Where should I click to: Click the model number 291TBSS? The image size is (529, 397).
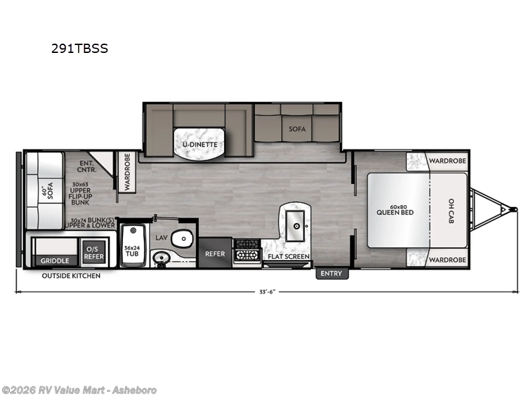coord(79,48)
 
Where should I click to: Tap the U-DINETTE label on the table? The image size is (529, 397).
coord(200,144)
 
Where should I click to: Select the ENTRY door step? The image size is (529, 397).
coord(332,273)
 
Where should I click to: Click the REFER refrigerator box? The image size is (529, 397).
coord(215,253)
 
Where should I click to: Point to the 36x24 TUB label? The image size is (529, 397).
coord(132,251)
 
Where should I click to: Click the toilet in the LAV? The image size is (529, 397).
coord(183,239)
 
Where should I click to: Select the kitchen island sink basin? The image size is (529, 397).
coord(296,226)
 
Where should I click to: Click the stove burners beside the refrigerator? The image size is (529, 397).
coord(247,250)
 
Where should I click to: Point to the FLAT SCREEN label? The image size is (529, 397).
coord(288,257)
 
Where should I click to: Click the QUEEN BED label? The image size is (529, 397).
coord(395,212)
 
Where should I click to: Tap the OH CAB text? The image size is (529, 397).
coord(452,211)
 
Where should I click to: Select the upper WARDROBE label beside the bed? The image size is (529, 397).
coord(448,161)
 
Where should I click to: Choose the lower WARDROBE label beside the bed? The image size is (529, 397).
coord(448,260)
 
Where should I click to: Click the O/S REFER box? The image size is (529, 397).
coord(94,253)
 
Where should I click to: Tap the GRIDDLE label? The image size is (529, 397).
coord(55,261)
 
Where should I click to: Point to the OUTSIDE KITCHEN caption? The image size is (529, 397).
coord(71,276)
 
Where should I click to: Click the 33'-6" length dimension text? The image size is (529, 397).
coord(268,292)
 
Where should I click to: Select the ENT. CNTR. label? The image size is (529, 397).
coord(87,167)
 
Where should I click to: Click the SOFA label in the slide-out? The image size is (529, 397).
coord(297,129)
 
